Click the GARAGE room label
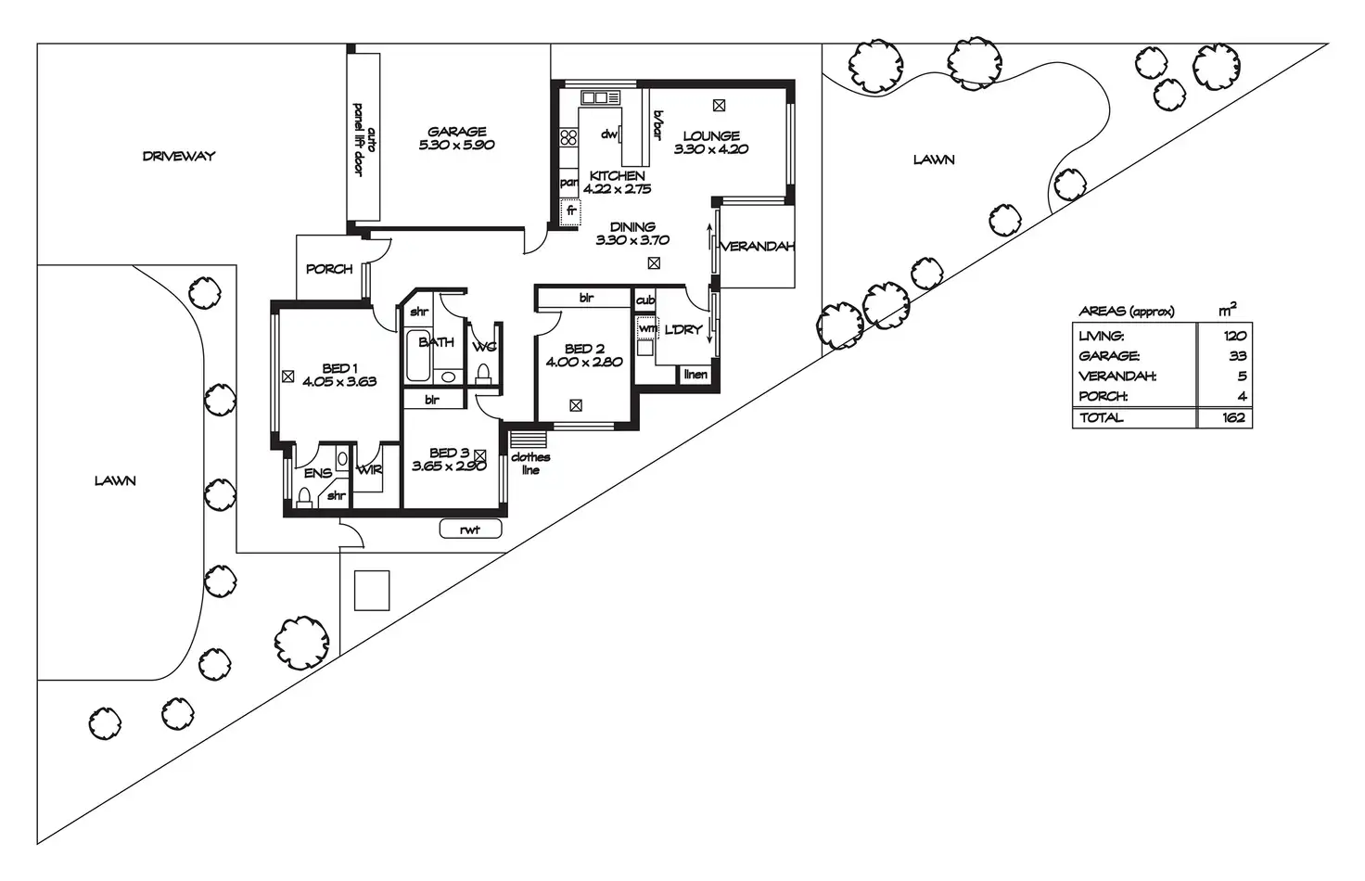(456, 132)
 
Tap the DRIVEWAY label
(179, 156)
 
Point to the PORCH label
(329, 269)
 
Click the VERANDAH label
(758, 247)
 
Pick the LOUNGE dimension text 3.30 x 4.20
(711, 149)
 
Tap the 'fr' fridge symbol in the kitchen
(571, 211)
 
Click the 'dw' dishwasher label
(609, 134)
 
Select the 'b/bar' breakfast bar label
(657, 125)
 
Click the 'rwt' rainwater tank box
(471, 530)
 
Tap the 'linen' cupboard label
(695, 375)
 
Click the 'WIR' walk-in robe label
(369, 471)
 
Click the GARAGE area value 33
(1237, 356)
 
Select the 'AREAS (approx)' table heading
(1127, 312)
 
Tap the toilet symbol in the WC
(482, 374)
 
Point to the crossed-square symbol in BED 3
(480, 455)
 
